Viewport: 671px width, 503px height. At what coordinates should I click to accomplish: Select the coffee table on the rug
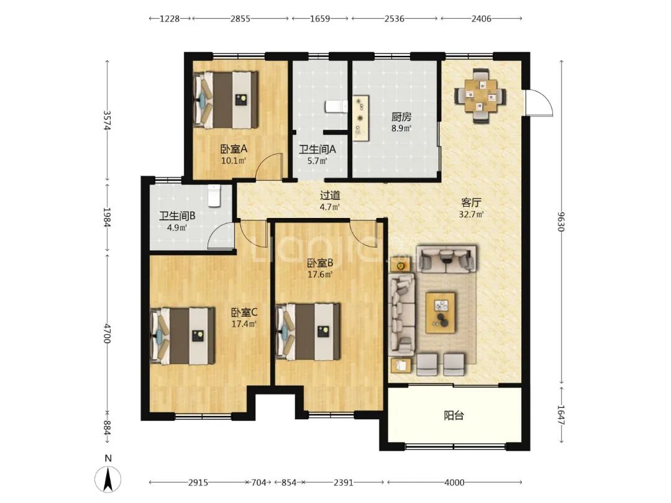440,312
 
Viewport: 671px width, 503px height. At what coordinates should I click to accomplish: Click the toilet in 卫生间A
336,107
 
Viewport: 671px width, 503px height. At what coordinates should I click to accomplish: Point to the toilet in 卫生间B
214,196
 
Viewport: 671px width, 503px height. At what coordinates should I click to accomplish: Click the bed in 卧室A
226,100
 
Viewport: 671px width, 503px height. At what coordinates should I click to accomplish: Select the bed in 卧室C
182,336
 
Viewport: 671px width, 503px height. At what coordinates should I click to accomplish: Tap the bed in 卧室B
308,332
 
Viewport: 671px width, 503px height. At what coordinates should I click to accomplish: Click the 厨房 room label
401,117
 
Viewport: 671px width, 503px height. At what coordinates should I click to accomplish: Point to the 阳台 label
454,415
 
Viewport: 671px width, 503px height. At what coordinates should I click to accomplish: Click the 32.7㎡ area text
471,214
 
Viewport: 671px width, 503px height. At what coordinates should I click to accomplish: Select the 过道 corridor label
330,196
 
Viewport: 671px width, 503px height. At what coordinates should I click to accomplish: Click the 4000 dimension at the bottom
454,483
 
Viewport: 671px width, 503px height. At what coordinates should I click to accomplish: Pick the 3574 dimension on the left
107,120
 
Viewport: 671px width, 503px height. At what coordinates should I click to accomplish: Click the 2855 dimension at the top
240,19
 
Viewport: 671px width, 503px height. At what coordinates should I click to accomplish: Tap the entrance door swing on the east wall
538,102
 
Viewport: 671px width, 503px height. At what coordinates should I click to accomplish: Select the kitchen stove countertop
361,117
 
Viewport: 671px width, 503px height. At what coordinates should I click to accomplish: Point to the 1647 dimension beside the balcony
561,415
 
